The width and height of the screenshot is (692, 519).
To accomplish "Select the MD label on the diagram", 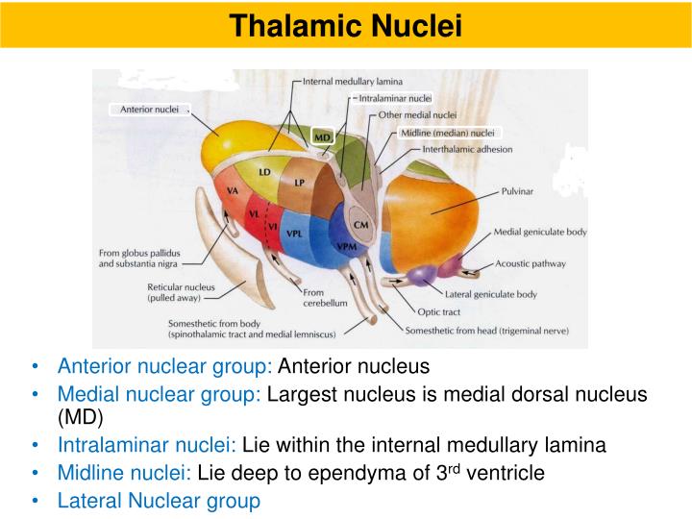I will pos(323,137).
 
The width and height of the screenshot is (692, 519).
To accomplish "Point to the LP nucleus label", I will pos(300,182).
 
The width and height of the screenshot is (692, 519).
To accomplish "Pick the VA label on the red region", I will pos(233,191).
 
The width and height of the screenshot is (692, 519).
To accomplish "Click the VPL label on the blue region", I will pos(295,234).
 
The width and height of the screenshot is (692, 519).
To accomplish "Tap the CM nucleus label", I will pos(361,224).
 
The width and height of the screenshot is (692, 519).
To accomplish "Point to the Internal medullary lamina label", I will pos(353,82).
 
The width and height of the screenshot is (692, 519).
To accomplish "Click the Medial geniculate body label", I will pos(539,232).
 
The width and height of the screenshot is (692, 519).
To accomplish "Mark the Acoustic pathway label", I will pos(531,262).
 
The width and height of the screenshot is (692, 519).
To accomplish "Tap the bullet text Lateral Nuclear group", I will pos(159,500).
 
